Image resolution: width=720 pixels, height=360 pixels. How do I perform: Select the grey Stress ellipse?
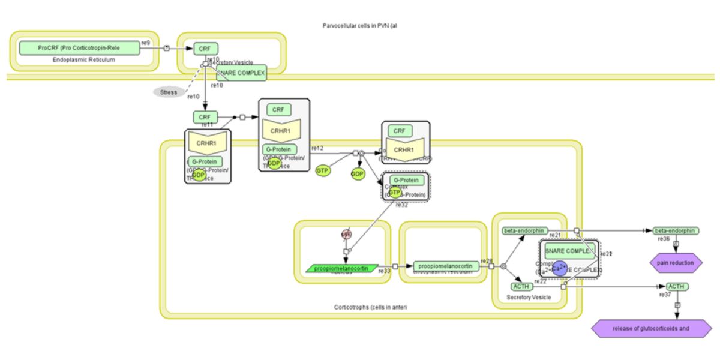[x=169, y=92]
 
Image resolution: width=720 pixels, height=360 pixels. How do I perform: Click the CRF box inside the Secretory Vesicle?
[x=205, y=49]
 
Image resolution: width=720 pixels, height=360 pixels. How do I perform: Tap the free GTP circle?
[x=323, y=172]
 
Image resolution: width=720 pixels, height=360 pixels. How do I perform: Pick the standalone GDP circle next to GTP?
[x=358, y=174]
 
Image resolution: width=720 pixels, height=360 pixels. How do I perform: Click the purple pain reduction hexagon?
[x=676, y=262]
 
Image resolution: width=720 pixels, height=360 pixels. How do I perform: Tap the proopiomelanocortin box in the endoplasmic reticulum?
[x=446, y=266]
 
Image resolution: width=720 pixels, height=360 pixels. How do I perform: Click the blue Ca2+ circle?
[x=559, y=268]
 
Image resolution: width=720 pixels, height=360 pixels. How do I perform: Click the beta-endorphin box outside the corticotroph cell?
[x=675, y=230]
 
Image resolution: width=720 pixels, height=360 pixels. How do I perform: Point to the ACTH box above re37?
[x=677, y=287]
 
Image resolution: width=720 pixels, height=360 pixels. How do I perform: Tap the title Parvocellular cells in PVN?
[x=360, y=26]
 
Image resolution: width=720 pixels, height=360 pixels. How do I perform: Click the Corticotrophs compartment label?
[x=373, y=307]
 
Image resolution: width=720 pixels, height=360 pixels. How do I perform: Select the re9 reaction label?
[x=145, y=43]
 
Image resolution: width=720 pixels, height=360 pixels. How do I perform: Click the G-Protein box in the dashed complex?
[x=405, y=180]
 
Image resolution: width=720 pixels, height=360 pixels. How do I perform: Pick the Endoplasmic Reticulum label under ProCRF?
[x=84, y=60]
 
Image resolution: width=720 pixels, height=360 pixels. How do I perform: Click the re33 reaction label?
[x=384, y=271]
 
